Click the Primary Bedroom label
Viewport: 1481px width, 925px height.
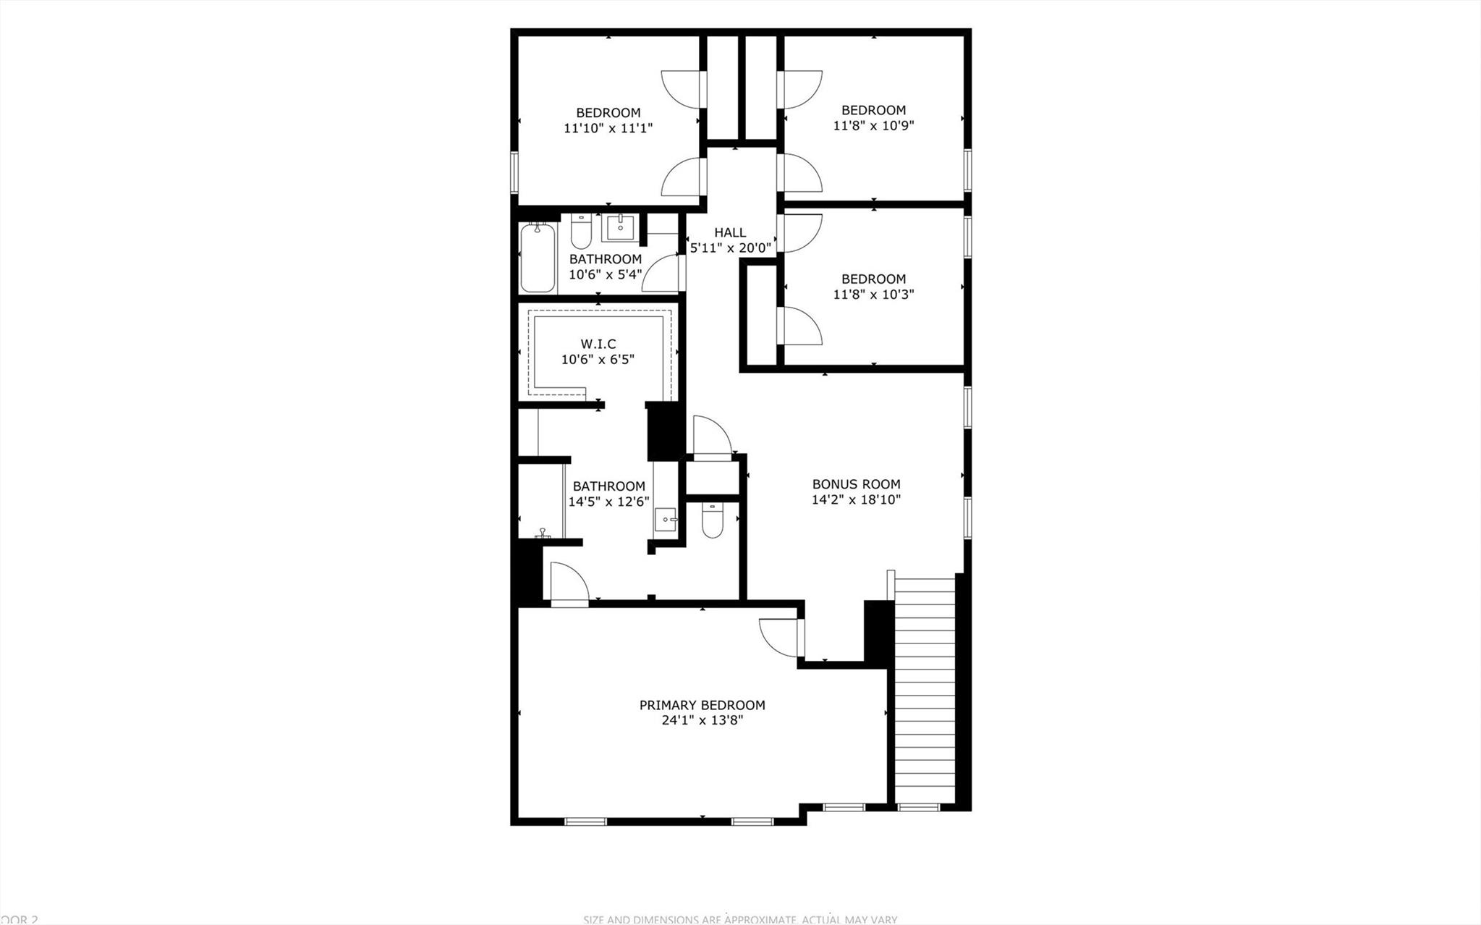coord(702,705)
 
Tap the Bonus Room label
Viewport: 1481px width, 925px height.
coord(856,484)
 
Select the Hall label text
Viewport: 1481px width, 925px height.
coord(730,232)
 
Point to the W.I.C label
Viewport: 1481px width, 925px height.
coord(598,344)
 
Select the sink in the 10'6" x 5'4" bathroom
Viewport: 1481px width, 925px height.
coord(620,227)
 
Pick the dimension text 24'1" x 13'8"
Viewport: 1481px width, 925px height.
coord(702,721)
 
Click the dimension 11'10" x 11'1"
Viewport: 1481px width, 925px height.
coord(608,129)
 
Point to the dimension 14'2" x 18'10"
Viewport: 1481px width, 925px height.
coord(856,499)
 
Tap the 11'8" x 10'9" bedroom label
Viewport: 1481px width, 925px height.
coord(873,110)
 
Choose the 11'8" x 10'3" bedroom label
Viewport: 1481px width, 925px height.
coord(873,279)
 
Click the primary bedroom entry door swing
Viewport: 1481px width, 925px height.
coord(780,637)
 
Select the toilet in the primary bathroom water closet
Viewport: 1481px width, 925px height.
coord(713,523)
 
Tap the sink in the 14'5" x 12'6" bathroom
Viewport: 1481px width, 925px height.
coord(665,519)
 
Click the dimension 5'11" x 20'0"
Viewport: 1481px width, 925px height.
coord(731,248)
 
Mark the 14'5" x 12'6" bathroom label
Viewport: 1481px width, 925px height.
coord(608,486)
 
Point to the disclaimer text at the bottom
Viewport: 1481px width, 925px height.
coord(740,919)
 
